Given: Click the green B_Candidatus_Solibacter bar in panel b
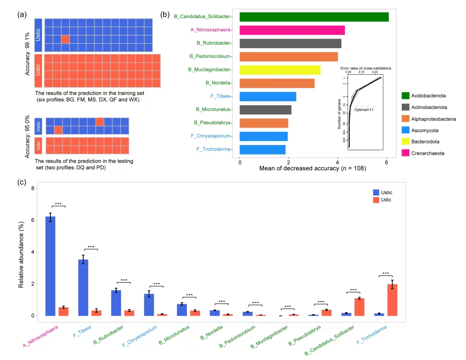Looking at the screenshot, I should tap(314, 17).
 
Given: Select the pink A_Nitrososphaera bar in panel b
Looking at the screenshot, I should tap(292, 30).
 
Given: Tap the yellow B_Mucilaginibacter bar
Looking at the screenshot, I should tap(280, 70).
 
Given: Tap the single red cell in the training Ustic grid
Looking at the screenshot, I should tap(65, 39).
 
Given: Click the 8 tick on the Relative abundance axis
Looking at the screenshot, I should tap(33, 189).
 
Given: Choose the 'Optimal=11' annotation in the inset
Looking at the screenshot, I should tap(363, 110).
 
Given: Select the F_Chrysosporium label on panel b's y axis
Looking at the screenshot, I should tap(210, 136).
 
